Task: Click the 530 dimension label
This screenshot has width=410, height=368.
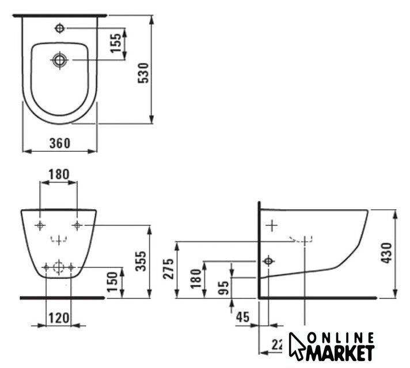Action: click(x=145, y=72)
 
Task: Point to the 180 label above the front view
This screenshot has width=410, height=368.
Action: click(x=58, y=174)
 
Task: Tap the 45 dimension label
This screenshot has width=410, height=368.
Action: click(x=242, y=316)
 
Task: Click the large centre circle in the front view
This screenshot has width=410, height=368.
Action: click(x=58, y=267)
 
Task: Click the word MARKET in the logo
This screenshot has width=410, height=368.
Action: click(x=341, y=352)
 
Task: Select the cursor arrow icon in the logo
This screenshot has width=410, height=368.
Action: click(x=297, y=346)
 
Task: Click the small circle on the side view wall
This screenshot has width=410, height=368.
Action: click(x=268, y=261)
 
